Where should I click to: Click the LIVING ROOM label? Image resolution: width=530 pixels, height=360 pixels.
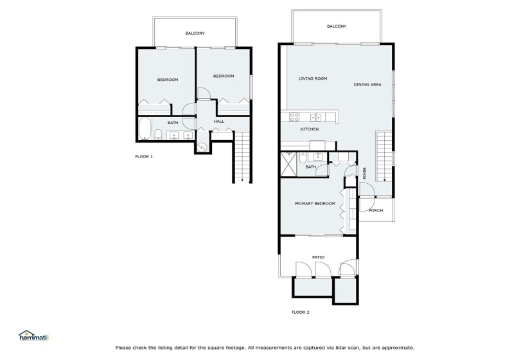(313, 78)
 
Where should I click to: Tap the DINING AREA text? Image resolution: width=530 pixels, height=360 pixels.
(367, 85)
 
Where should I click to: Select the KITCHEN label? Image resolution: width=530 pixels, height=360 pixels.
(309, 129)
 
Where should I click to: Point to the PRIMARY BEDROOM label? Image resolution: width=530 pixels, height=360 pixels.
(315, 204)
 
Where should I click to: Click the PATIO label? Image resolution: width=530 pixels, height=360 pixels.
(318, 258)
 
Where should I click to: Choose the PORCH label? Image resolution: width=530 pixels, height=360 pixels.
(376, 210)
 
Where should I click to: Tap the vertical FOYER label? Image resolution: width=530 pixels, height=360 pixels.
(365, 173)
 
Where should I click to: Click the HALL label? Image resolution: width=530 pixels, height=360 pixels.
(218, 121)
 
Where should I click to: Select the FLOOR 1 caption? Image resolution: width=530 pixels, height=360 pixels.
(144, 157)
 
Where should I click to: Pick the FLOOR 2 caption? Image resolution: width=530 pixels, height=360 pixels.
(300, 312)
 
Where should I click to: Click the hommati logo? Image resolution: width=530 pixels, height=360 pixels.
(34, 336)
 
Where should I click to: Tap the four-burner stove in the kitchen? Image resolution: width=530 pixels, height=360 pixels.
(294, 117)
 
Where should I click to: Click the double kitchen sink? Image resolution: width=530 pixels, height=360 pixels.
(315, 118)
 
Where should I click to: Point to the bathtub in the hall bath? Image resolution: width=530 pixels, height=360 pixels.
(145, 129)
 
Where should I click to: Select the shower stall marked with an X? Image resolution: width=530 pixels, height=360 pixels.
(288, 164)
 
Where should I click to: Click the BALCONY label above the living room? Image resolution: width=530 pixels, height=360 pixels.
(337, 26)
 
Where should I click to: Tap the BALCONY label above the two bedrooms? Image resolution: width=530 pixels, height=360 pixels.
(195, 33)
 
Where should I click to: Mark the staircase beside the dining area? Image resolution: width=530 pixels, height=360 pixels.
(384, 156)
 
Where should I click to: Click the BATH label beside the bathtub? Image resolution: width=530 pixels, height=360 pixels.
(173, 123)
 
